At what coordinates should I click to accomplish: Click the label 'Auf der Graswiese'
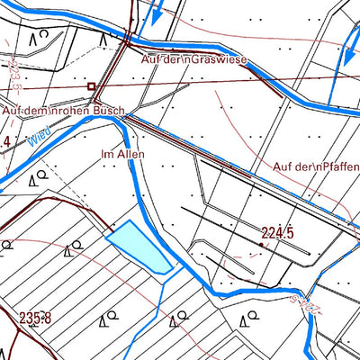tap(194, 58)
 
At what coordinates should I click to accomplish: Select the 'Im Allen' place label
tap(122, 154)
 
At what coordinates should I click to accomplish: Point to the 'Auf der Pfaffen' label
tap(316, 166)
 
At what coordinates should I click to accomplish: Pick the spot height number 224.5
tap(277, 233)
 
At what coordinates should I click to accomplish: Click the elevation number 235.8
tap(35, 317)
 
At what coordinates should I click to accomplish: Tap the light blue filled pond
tap(139, 247)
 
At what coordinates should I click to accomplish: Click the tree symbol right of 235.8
tap(107, 319)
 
